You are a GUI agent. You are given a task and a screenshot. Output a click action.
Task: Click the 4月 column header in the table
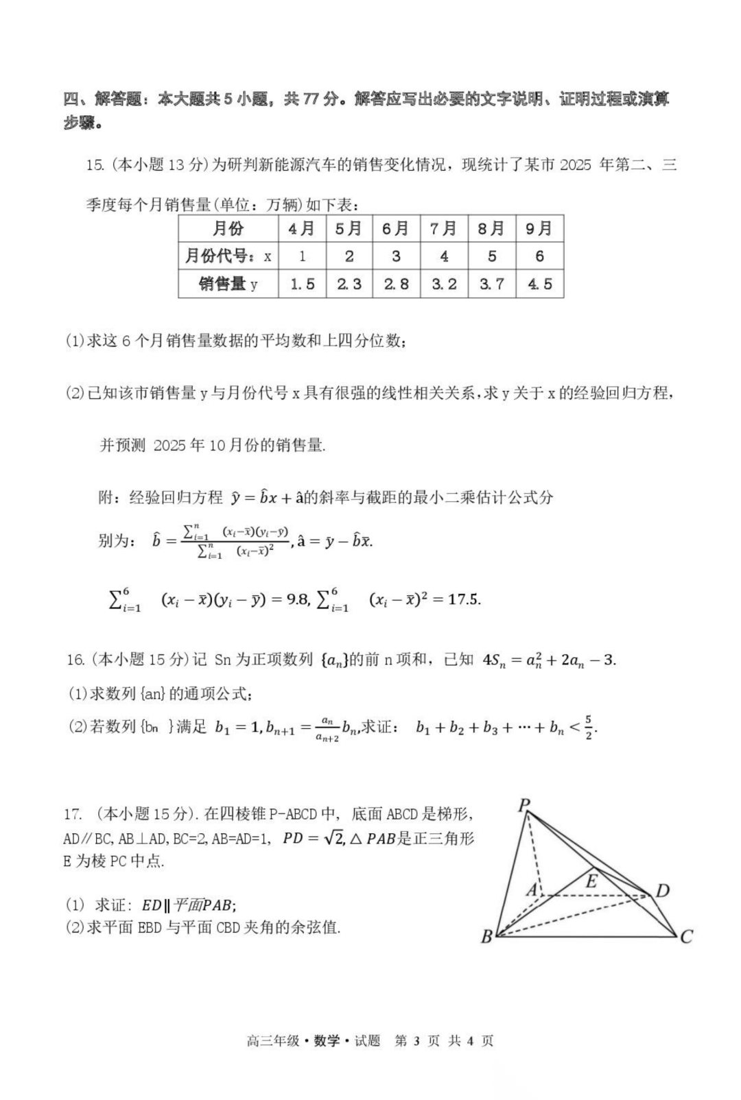tap(301, 228)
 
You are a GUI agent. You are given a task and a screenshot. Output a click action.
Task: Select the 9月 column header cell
tap(539, 228)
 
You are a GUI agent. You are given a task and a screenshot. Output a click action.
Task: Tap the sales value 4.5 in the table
tap(539, 284)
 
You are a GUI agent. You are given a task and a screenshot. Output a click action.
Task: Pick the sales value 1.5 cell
tap(302, 284)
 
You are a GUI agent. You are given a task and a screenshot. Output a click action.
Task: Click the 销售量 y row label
tap(228, 284)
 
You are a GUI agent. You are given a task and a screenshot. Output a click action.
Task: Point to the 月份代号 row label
tap(228, 256)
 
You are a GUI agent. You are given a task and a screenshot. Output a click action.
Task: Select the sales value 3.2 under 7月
tap(444, 284)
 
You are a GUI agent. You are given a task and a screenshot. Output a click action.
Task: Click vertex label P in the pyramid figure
tap(524, 804)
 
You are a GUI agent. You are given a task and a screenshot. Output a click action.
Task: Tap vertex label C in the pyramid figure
tap(686, 936)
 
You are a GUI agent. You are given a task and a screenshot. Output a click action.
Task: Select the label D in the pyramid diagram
tap(662, 891)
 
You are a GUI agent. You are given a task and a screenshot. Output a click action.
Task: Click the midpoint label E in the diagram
tap(591, 881)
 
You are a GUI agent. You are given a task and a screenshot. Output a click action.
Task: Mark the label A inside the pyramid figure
tap(532, 890)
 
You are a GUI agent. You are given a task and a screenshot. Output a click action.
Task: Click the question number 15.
tap(95, 165)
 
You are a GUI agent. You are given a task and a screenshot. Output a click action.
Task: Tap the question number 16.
tap(75, 660)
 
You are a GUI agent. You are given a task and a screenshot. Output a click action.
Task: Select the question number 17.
tap(73, 815)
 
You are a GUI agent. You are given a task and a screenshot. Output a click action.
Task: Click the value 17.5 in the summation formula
tap(464, 599)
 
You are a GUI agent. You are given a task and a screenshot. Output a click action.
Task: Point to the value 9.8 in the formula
tap(297, 599)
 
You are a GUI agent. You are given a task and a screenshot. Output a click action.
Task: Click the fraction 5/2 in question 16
tap(588, 727)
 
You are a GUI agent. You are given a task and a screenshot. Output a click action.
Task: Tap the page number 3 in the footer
tap(416, 1040)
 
